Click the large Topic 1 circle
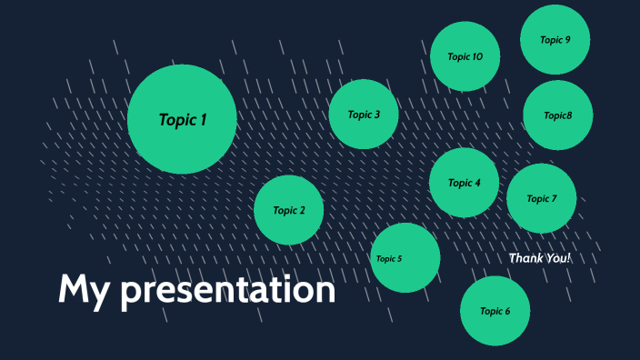(182, 119)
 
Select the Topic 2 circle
(289, 210)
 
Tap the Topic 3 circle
(364, 115)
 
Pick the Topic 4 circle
(464, 183)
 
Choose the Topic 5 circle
(405, 258)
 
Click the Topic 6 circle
(495, 311)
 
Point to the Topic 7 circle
(541, 198)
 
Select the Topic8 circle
(558, 115)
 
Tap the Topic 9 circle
(555, 39)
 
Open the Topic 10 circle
(465, 56)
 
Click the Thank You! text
(540, 258)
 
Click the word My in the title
(84, 290)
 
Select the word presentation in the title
(228, 291)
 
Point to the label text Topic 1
(183, 119)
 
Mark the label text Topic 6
(495, 311)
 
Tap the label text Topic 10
(465, 56)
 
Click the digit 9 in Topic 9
(568, 39)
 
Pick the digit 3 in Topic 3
(376, 115)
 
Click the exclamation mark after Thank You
(569, 258)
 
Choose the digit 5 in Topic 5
(399, 259)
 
